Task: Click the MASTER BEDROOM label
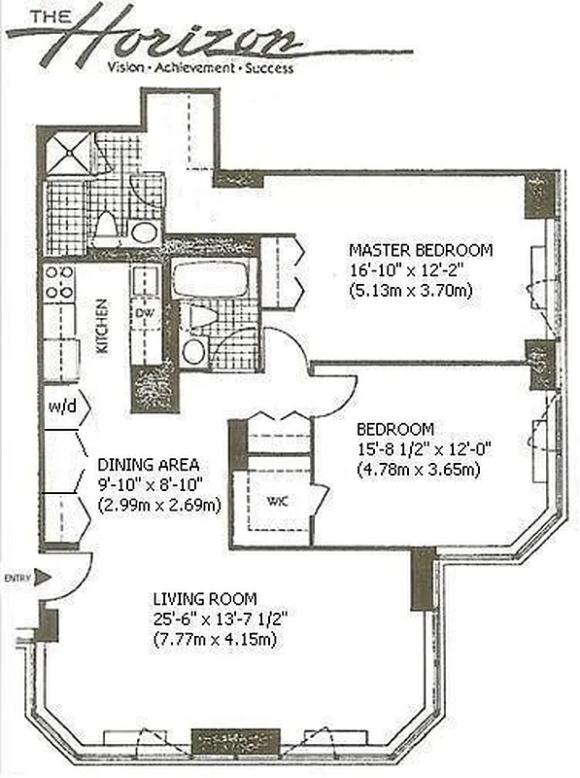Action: [421, 250]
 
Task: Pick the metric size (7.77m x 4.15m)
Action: [215, 639]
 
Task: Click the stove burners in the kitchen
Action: [58, 282]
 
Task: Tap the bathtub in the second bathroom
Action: [213, 278]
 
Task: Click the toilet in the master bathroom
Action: [106, 225]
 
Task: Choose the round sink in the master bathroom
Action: [145, 232]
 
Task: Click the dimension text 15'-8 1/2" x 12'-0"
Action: [424, 448]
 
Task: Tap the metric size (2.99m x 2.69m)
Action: [159, 505]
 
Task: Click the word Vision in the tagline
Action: [128, 69]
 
